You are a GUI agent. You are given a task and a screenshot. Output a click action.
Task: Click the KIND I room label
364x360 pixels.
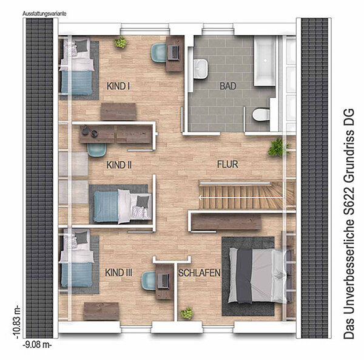[x=118, y=86]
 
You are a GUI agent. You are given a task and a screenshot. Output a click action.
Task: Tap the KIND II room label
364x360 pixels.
[x=119, y=165]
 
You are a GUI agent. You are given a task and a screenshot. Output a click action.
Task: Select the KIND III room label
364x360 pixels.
[x=119, y=273]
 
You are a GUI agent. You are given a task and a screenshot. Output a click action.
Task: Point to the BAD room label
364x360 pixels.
[x=228, y=86]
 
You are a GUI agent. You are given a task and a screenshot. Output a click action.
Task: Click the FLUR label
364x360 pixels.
[x=227, y=164]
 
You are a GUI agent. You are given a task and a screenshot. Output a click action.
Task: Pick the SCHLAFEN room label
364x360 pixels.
[x=199, y=273]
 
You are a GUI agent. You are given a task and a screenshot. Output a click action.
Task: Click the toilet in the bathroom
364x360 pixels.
[x=261, y=115]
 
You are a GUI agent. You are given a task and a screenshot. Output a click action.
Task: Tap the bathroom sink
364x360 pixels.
[x=201, y=69]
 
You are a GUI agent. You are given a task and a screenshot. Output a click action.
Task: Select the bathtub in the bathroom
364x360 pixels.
[x=265, y=61]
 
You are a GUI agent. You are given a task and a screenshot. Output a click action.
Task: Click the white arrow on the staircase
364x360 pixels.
[x=241, y=198]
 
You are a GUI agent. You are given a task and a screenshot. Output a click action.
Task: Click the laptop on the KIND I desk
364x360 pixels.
[x=174, y=52]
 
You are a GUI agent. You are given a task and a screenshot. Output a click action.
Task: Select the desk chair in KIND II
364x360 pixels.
[x=97, y=150]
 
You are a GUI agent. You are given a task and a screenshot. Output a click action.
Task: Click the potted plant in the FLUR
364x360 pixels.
[x=278, y=148]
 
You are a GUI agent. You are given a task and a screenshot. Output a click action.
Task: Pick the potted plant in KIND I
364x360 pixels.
[x=120, y=42]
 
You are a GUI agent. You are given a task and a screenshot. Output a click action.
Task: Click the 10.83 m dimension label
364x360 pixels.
[x=17, y=322]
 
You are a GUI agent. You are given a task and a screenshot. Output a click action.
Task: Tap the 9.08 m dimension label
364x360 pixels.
[x=37, y=345]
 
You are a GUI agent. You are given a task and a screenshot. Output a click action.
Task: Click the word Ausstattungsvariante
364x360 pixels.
[x=44, y=14]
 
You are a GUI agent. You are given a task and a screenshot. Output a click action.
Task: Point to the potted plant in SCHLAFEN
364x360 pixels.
[x=187, y=313]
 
